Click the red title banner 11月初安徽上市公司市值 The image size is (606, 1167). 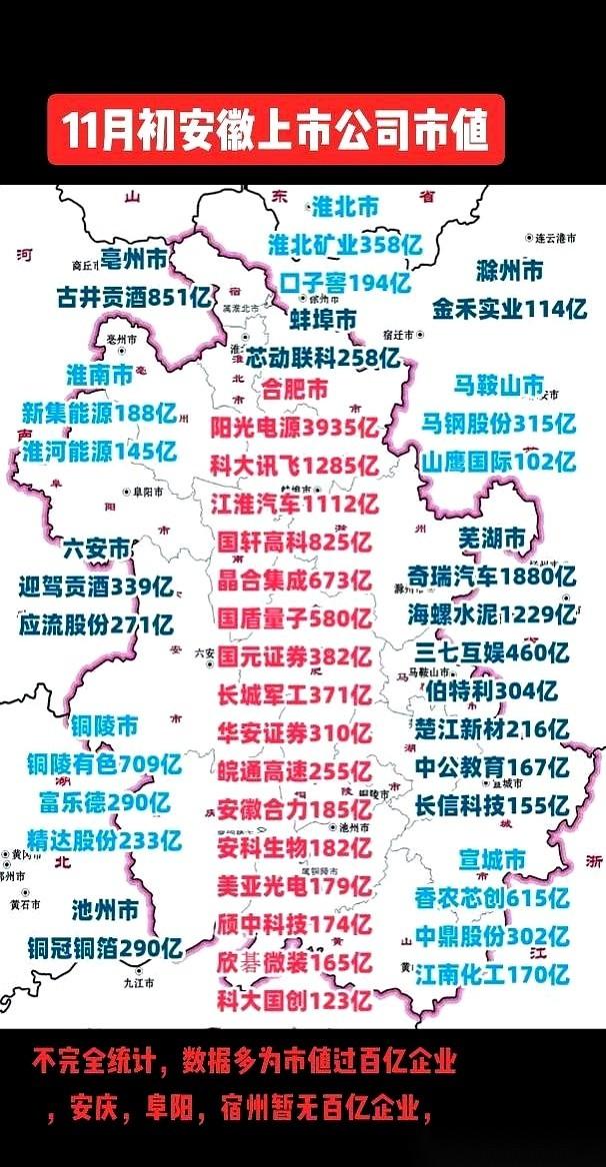point(275,130)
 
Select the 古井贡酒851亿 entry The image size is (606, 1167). point(137,297)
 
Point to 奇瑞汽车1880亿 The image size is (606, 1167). point(491,577)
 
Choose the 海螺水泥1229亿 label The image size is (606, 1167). point(491,614)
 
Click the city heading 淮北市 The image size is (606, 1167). point(345,208)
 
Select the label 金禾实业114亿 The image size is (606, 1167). point(509,309)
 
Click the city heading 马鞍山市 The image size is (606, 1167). point(499,386)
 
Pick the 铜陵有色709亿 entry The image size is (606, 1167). point(104,765)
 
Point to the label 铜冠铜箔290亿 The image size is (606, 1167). point(104,947)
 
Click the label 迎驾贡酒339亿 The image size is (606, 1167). point(96,586)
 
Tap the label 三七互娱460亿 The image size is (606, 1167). point(491,652)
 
